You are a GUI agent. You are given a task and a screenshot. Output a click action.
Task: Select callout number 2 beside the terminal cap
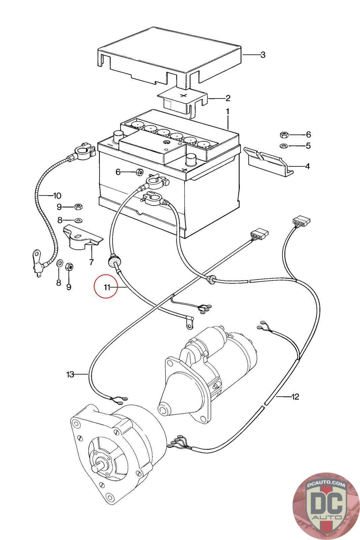pos(228,98)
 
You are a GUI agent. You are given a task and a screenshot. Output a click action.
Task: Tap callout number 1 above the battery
pos(228,111)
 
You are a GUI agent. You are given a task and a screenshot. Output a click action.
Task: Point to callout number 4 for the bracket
pos(307,166)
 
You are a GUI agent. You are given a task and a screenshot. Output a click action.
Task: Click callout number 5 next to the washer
pos(308,146)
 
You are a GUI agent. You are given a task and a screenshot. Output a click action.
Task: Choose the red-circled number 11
pos(107,287)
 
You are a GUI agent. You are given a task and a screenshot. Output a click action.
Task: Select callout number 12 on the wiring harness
pos(295,397)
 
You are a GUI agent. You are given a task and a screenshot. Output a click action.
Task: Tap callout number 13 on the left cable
pos(70,374)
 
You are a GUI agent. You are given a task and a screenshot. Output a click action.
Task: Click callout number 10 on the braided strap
pos(57,195)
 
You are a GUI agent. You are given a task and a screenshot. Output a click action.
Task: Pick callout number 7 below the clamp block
pos(91,262)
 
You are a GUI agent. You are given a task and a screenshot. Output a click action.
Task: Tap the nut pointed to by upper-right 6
pos(283,135)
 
